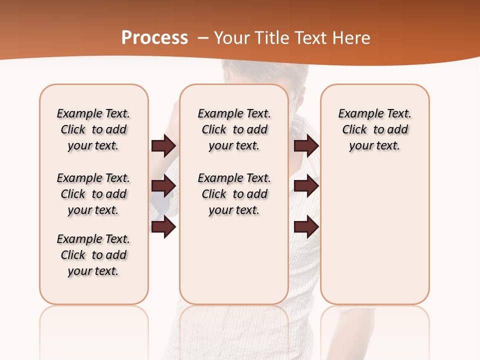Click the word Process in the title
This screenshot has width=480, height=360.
pos(154,37)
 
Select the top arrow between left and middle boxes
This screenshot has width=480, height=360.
pos(163,146)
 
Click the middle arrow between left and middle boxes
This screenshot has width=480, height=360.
pos(163,186)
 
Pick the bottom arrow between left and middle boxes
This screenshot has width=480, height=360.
pos(163,227)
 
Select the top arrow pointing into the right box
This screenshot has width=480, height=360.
pos(306,146)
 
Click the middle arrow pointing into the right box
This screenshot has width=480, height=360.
pos(306,186)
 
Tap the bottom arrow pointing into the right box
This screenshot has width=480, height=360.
pos(306,227)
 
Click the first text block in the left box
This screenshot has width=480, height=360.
pos(93,129)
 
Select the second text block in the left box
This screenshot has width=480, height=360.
pos(93,194)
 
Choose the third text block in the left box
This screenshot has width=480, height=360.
pos(93,255)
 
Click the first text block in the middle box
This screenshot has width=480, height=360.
pos(234,129)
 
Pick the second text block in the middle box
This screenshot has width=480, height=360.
pos(234,194)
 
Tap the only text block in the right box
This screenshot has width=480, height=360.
pos(374,129)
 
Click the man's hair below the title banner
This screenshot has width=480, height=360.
pos(265,75)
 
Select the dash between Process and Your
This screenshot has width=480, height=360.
pos(203,38)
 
